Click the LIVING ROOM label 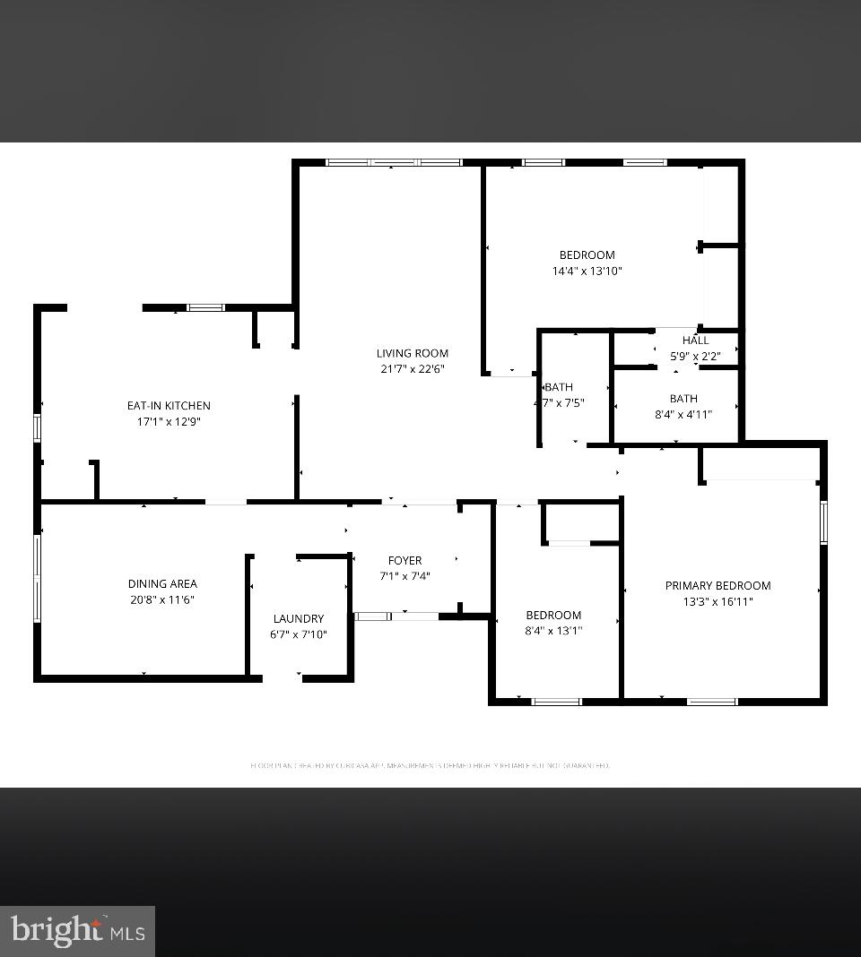tap(413, 353)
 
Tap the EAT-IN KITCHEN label tap(169, 406)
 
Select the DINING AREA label tap(162, 584)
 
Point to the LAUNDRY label tap(299, 618)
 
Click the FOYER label tap(404, 561)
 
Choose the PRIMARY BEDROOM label tap(717, 586)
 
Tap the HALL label tap(695, 341)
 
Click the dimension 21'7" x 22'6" tap(413, 368)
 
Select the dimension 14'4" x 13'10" tap(587, 271)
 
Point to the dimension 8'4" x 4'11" tap(683, 414)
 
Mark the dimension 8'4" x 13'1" tap(553, 630)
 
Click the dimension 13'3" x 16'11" tap(717, 601)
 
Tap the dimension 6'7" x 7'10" tap(299, 634)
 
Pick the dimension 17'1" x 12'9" tap(169, 421)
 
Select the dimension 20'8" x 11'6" tap(162, 599)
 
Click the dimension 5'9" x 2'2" tap(695, 356)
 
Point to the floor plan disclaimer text tap(430, 766)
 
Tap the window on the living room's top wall tap(393, 162)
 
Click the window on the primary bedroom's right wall tap(823, 522)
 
